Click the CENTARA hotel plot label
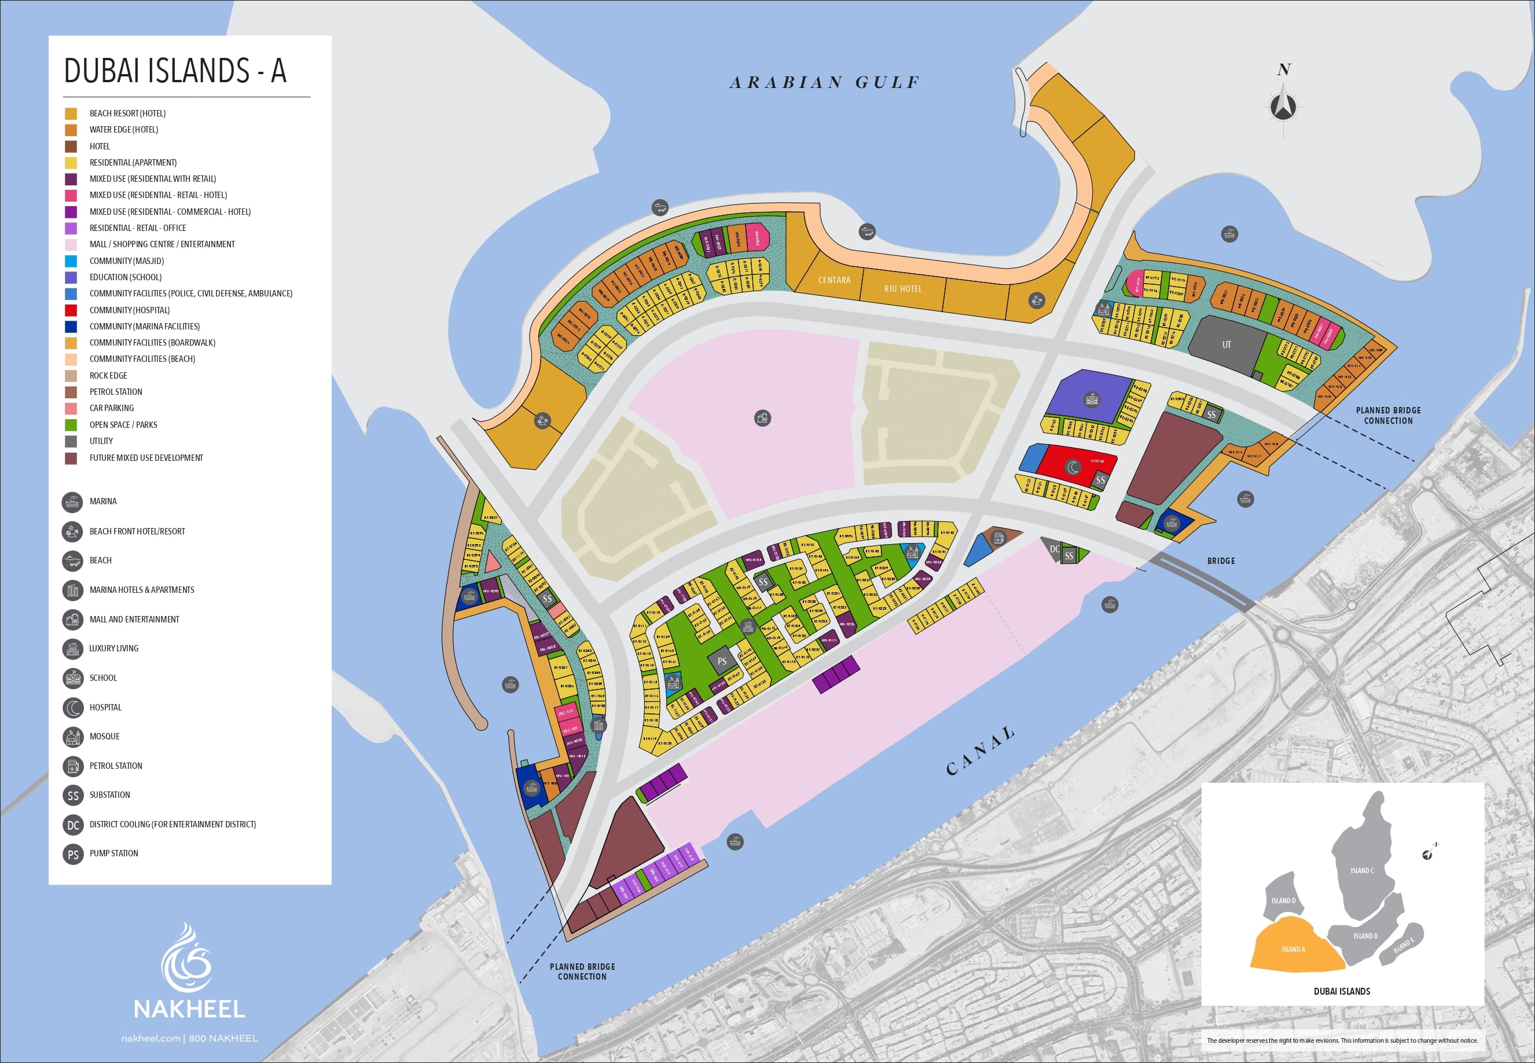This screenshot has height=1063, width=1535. tap(834, 280)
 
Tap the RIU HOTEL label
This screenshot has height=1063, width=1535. tap(902, 289)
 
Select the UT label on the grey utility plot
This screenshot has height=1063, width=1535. tap(1226, 345)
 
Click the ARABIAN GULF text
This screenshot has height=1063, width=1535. tap(825, 83)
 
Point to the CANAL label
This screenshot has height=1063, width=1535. tap(981, 752)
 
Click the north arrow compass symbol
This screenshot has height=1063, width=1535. tap(1283, 107)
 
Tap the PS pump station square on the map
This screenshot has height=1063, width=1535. tap(722, 661)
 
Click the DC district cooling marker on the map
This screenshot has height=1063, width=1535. tap(1055, 549)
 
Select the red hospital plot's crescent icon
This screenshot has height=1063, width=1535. tap(1072, 468)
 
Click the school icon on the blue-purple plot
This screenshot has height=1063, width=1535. tap(1092, 399)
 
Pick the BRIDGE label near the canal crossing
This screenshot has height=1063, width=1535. tap(1221, 561)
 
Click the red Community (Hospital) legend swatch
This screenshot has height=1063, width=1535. tap(71, 310)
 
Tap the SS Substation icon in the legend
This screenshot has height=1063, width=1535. tap(72, 796)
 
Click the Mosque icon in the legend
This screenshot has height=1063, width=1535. tap(72, 736)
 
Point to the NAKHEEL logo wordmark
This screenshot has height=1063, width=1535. tap(189, 1009)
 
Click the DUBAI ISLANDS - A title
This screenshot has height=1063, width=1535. tap(175, 71)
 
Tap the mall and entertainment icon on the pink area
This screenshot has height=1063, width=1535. tap(762, 418)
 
